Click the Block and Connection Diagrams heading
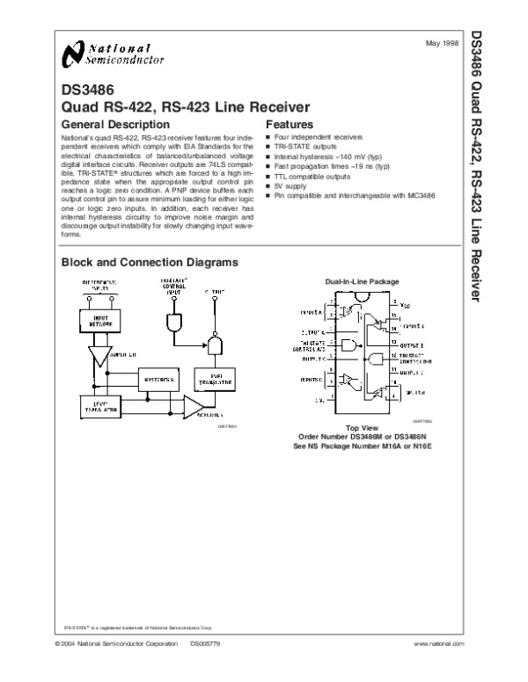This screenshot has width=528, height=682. [x=149, y=263]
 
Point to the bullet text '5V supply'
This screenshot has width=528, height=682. [x=290, y=186]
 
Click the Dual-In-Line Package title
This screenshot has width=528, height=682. [x=362, y=281]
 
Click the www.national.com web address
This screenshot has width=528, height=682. [x=438, y=645]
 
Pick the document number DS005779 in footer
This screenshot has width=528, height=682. [x=207, y=645]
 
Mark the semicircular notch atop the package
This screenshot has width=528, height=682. [x=362, y=300]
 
